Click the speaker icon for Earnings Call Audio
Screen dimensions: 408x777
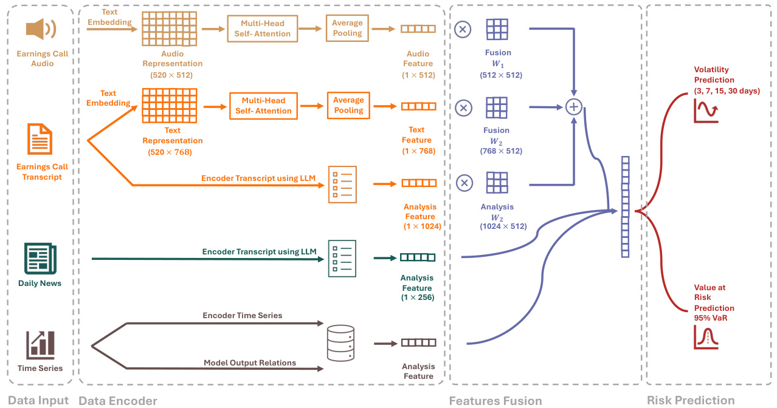click(x=41, y=29)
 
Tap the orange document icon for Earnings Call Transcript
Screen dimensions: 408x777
click(x=40, y=138)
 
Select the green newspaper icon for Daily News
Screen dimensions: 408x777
click(x=40, y=259)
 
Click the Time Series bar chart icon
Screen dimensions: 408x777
click(x=40, y=344)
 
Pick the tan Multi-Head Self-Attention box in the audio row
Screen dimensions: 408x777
click(x=263, y=29)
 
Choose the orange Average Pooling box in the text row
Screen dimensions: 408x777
click(x=348, y=105)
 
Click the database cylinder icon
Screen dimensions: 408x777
click(x=340, y=342)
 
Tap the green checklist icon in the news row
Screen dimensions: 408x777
click(x=342, y=259)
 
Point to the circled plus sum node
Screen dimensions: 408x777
click(x=574, y=107)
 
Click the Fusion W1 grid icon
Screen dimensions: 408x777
click(x=497, y=29)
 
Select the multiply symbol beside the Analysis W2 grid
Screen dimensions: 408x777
click(x=463, y=183)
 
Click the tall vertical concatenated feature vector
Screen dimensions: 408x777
click(x=625, y=207)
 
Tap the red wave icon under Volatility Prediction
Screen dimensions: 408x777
click(x=706, y=112)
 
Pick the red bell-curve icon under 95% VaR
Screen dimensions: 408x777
click(x=706, y=337)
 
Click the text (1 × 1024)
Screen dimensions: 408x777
click(x=422, y=226)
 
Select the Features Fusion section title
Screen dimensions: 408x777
click(x=495, y=401)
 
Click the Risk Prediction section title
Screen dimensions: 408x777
click(x=691, y=401)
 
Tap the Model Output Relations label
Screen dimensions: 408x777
click(x=250, y=363)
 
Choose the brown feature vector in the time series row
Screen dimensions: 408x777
click(x=418, y=342)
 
